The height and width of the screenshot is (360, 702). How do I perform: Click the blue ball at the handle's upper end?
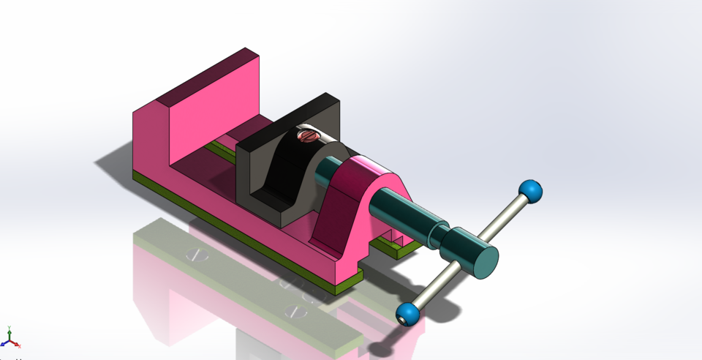531,192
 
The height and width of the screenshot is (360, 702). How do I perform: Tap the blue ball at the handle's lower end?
408,315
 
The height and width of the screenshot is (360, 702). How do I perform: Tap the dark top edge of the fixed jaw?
205,76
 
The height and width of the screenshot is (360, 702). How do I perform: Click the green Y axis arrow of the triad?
8,331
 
